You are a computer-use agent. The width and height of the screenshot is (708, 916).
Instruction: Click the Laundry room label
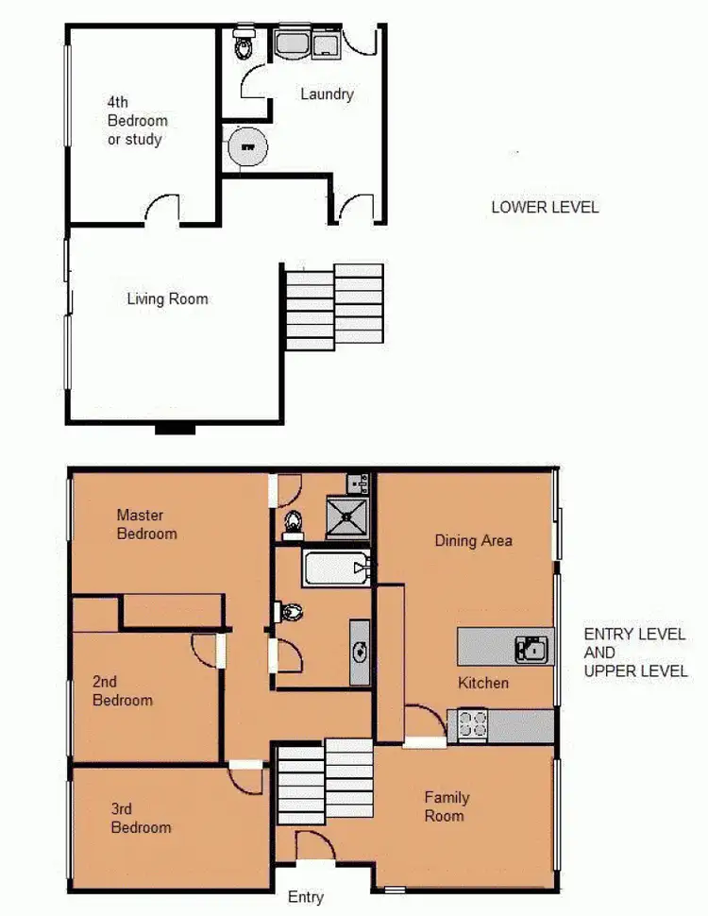(x=327, y=93)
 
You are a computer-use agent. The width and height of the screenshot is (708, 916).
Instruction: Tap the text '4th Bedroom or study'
(x=137, y=120)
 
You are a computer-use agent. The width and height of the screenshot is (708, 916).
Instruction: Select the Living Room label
(x=167, y=299)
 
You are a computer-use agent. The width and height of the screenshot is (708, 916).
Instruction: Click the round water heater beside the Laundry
(x=247, y=147)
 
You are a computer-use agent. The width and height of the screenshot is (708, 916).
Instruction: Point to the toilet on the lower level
(x=244, y=43)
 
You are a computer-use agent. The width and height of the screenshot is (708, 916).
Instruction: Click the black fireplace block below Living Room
(x=175, y=428)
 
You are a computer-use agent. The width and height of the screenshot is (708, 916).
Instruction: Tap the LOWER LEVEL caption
(x=545, y=207)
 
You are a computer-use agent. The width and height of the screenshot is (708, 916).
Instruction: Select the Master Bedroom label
(x=146, y=524)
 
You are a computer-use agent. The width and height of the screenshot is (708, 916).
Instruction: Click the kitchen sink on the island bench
(x=530, y=648)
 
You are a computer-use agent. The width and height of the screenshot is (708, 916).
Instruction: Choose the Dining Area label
(x=473, y=540)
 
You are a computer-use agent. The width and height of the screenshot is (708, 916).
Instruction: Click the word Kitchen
(x=483, y=683)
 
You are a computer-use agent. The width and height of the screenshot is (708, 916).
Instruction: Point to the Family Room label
(x=446, y=806)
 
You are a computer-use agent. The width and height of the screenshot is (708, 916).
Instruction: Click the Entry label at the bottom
(x=305, y=897)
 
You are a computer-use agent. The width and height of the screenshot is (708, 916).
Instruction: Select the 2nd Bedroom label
(x=122, y=690)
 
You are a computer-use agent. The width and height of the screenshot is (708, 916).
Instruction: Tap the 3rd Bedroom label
(x=141, y=818)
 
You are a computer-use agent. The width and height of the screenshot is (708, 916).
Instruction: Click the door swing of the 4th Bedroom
(x=162, y=211)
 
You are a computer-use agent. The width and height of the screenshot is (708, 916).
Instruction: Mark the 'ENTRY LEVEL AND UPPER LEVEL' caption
(x=634, y=653)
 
